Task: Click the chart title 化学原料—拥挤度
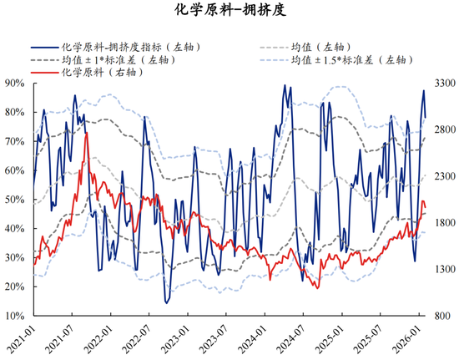click(229, 11)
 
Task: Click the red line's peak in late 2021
click(86, 134)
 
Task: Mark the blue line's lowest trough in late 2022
click(166, 302)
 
